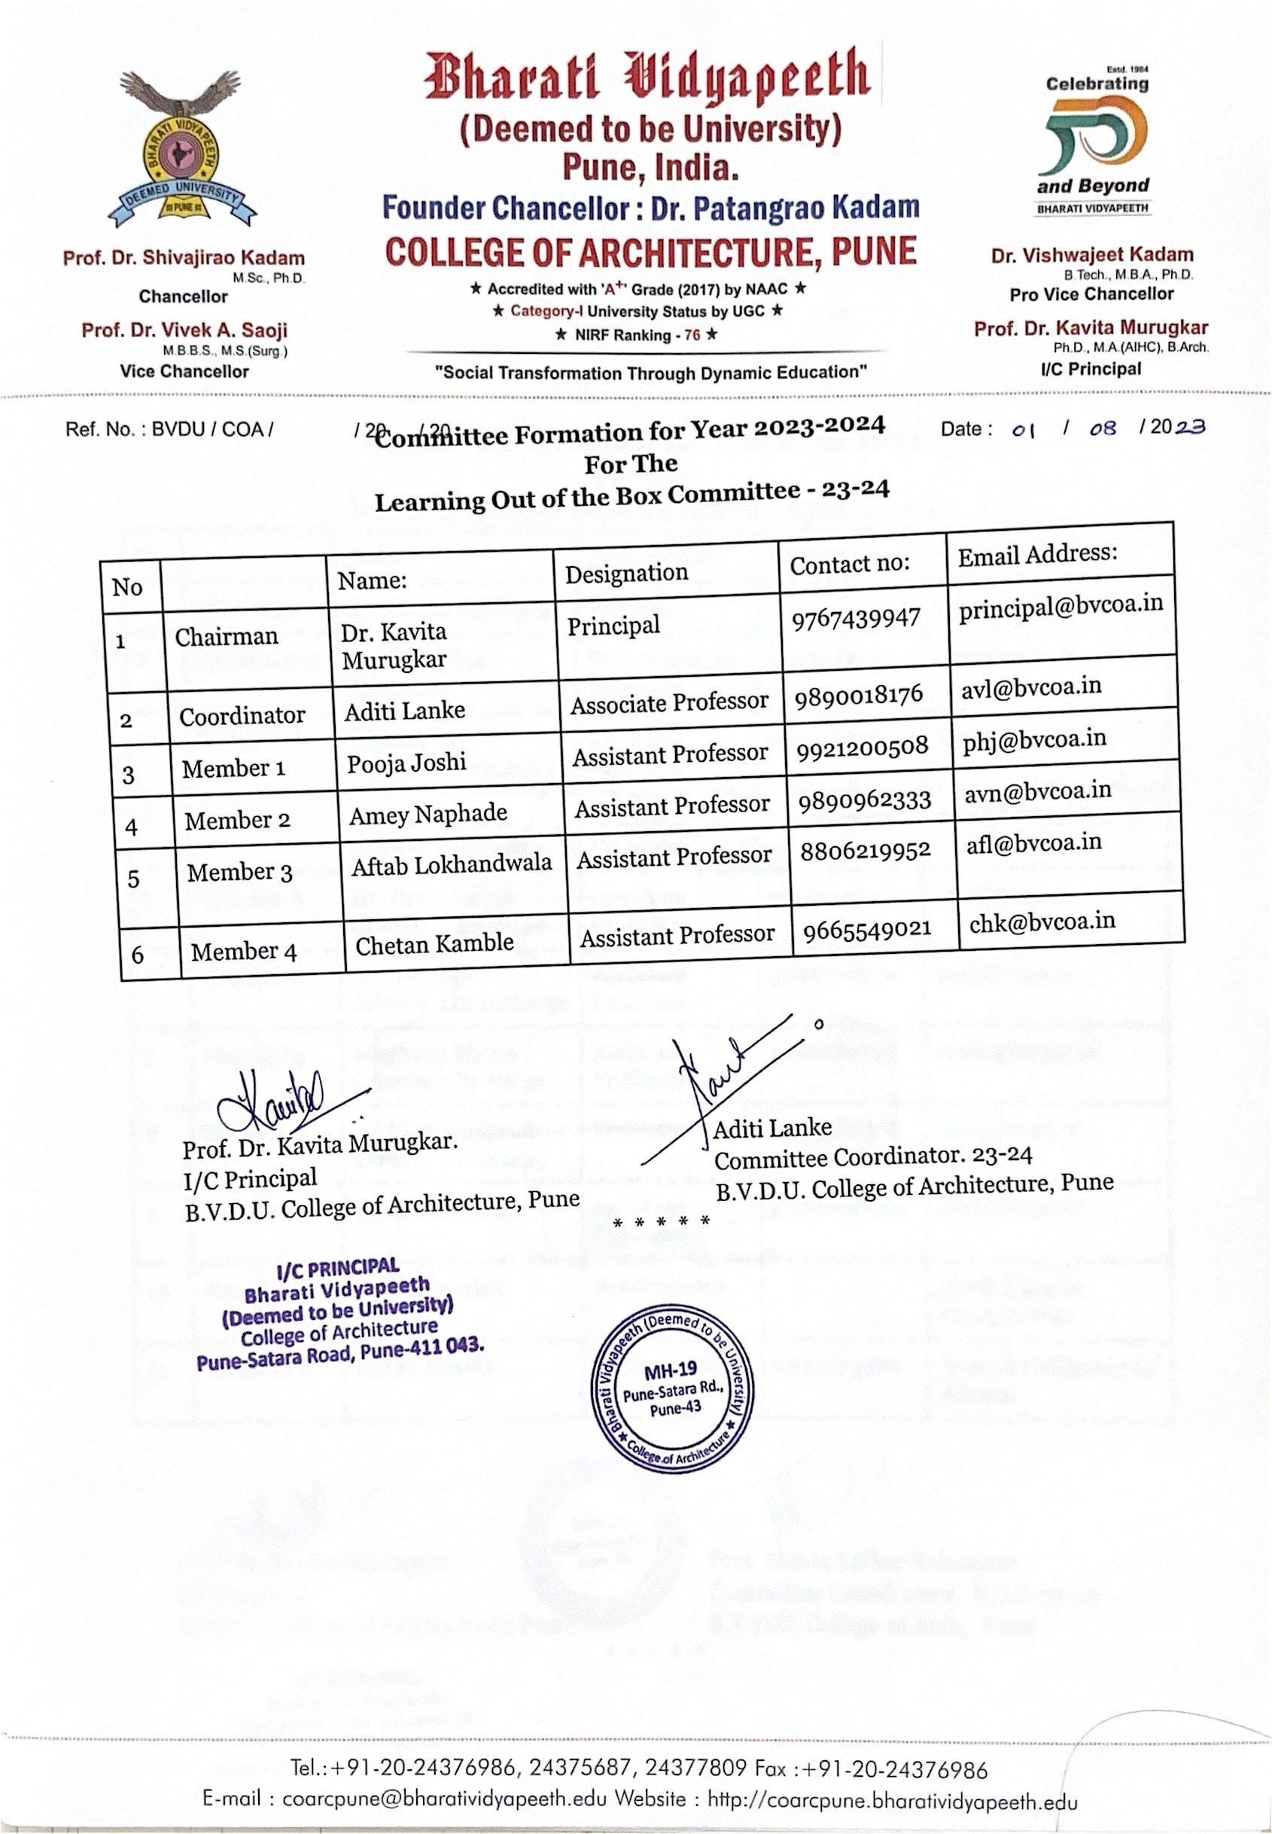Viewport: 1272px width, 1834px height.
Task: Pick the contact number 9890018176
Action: pos(858,695)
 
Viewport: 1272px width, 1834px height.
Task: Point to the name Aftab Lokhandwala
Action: pos(451,864)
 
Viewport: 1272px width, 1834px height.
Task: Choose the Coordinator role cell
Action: pos(242,716)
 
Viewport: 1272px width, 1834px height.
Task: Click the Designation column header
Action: pos(626,573)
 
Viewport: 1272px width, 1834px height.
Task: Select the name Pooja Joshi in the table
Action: pos(406,763)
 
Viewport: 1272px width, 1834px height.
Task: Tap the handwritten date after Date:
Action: pos(1108,429)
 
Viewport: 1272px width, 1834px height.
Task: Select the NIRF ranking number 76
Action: pos(692,336)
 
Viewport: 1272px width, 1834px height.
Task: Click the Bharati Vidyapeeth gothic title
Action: pos(647,78)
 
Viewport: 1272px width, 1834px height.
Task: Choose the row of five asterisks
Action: pos(661,1221)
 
